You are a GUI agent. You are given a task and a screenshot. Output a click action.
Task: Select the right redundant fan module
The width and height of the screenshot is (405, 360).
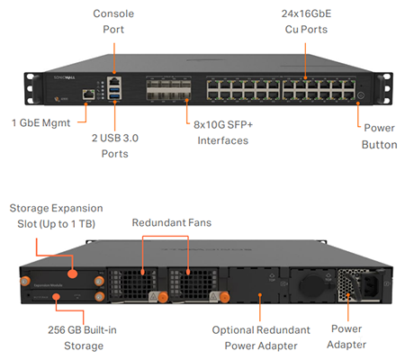196,283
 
